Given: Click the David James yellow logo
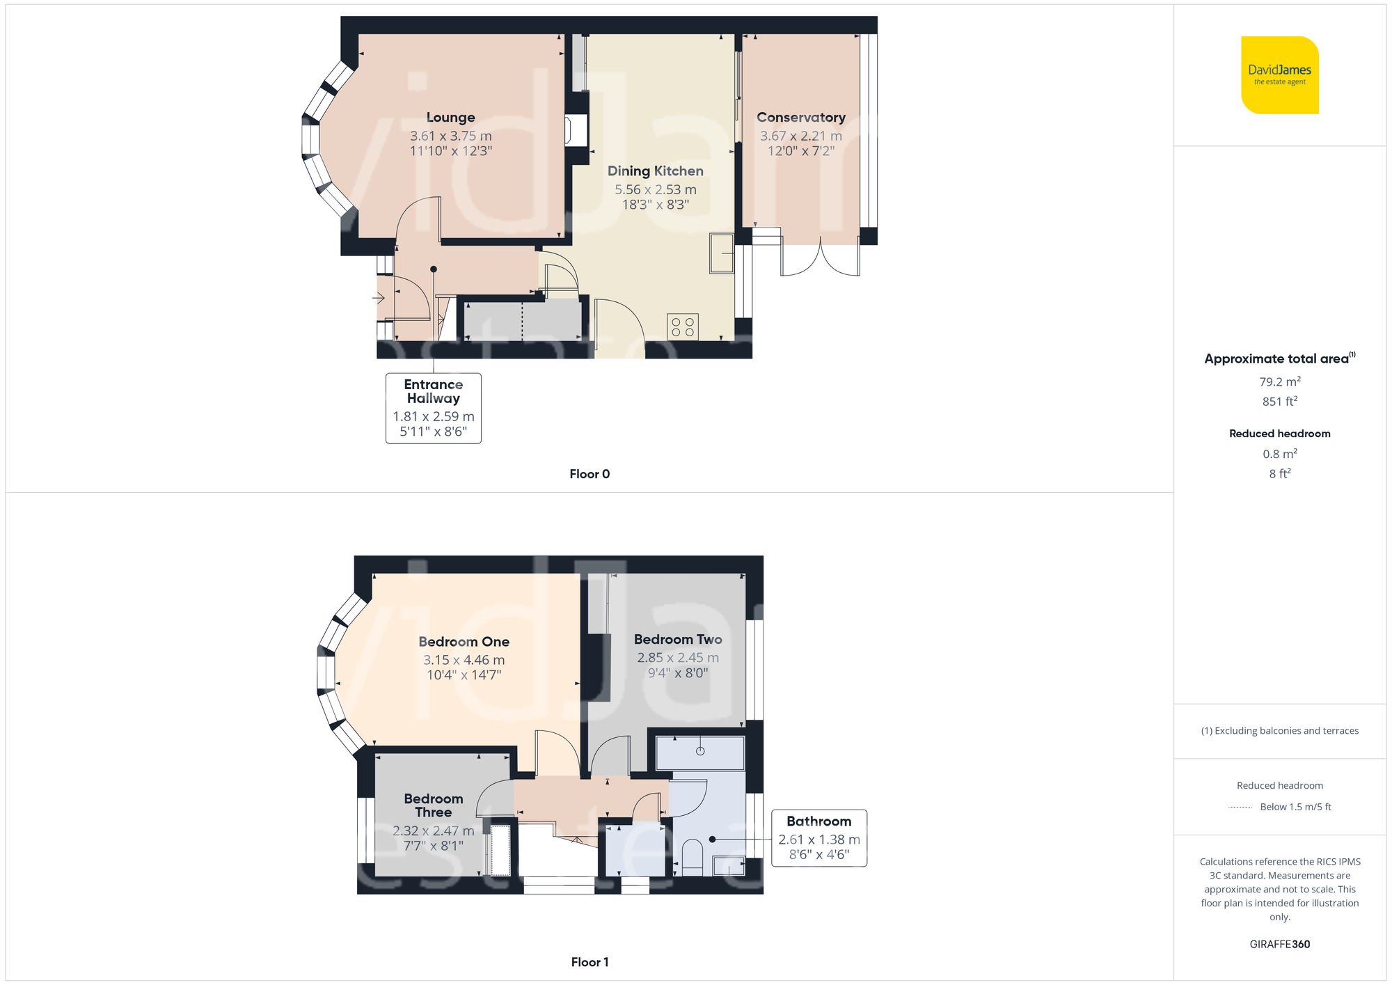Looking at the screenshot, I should pyautogui.click(x=1279, y=75).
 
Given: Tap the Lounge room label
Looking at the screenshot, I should pyautogui.click(x=450, y=117).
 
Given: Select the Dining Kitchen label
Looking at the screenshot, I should pyautogui.click(x=655, y=171).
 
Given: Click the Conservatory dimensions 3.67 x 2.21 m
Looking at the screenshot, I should pyautogui.click(x=800, y=136).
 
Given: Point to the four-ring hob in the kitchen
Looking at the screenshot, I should pyautogui.click(x=682, y=327).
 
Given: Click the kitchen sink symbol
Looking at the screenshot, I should pyautogui.click(x=722, y=253).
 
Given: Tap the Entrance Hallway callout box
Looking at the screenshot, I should pyautogui.click(x=433, y=407).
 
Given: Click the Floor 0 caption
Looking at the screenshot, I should pyautogui.click(x=589, y=474).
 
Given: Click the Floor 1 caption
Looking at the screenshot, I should pyautogui.click(x=589, y=962).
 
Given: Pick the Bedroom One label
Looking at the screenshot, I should pyautogui.click(x=464, y=641).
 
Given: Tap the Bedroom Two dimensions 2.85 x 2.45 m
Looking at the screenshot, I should pyautogui.click(x=677, y=657).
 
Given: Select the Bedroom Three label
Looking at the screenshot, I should pyautogui.click(x=433, y=805).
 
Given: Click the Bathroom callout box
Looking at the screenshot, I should pyautogui.click(x=818, y=837).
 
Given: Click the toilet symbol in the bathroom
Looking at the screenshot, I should pyautogui.click(x=692, y=856).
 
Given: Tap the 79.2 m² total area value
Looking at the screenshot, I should pyautogui.click(x=1279, y=381).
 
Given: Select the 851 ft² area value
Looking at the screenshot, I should pyautogui.click(x=1279, y=402).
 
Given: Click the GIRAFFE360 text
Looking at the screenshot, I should pyautogui.click(x=1279, y=944).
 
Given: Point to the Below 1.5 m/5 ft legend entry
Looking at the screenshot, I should pyautogui.click(x=1295, y=807).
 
